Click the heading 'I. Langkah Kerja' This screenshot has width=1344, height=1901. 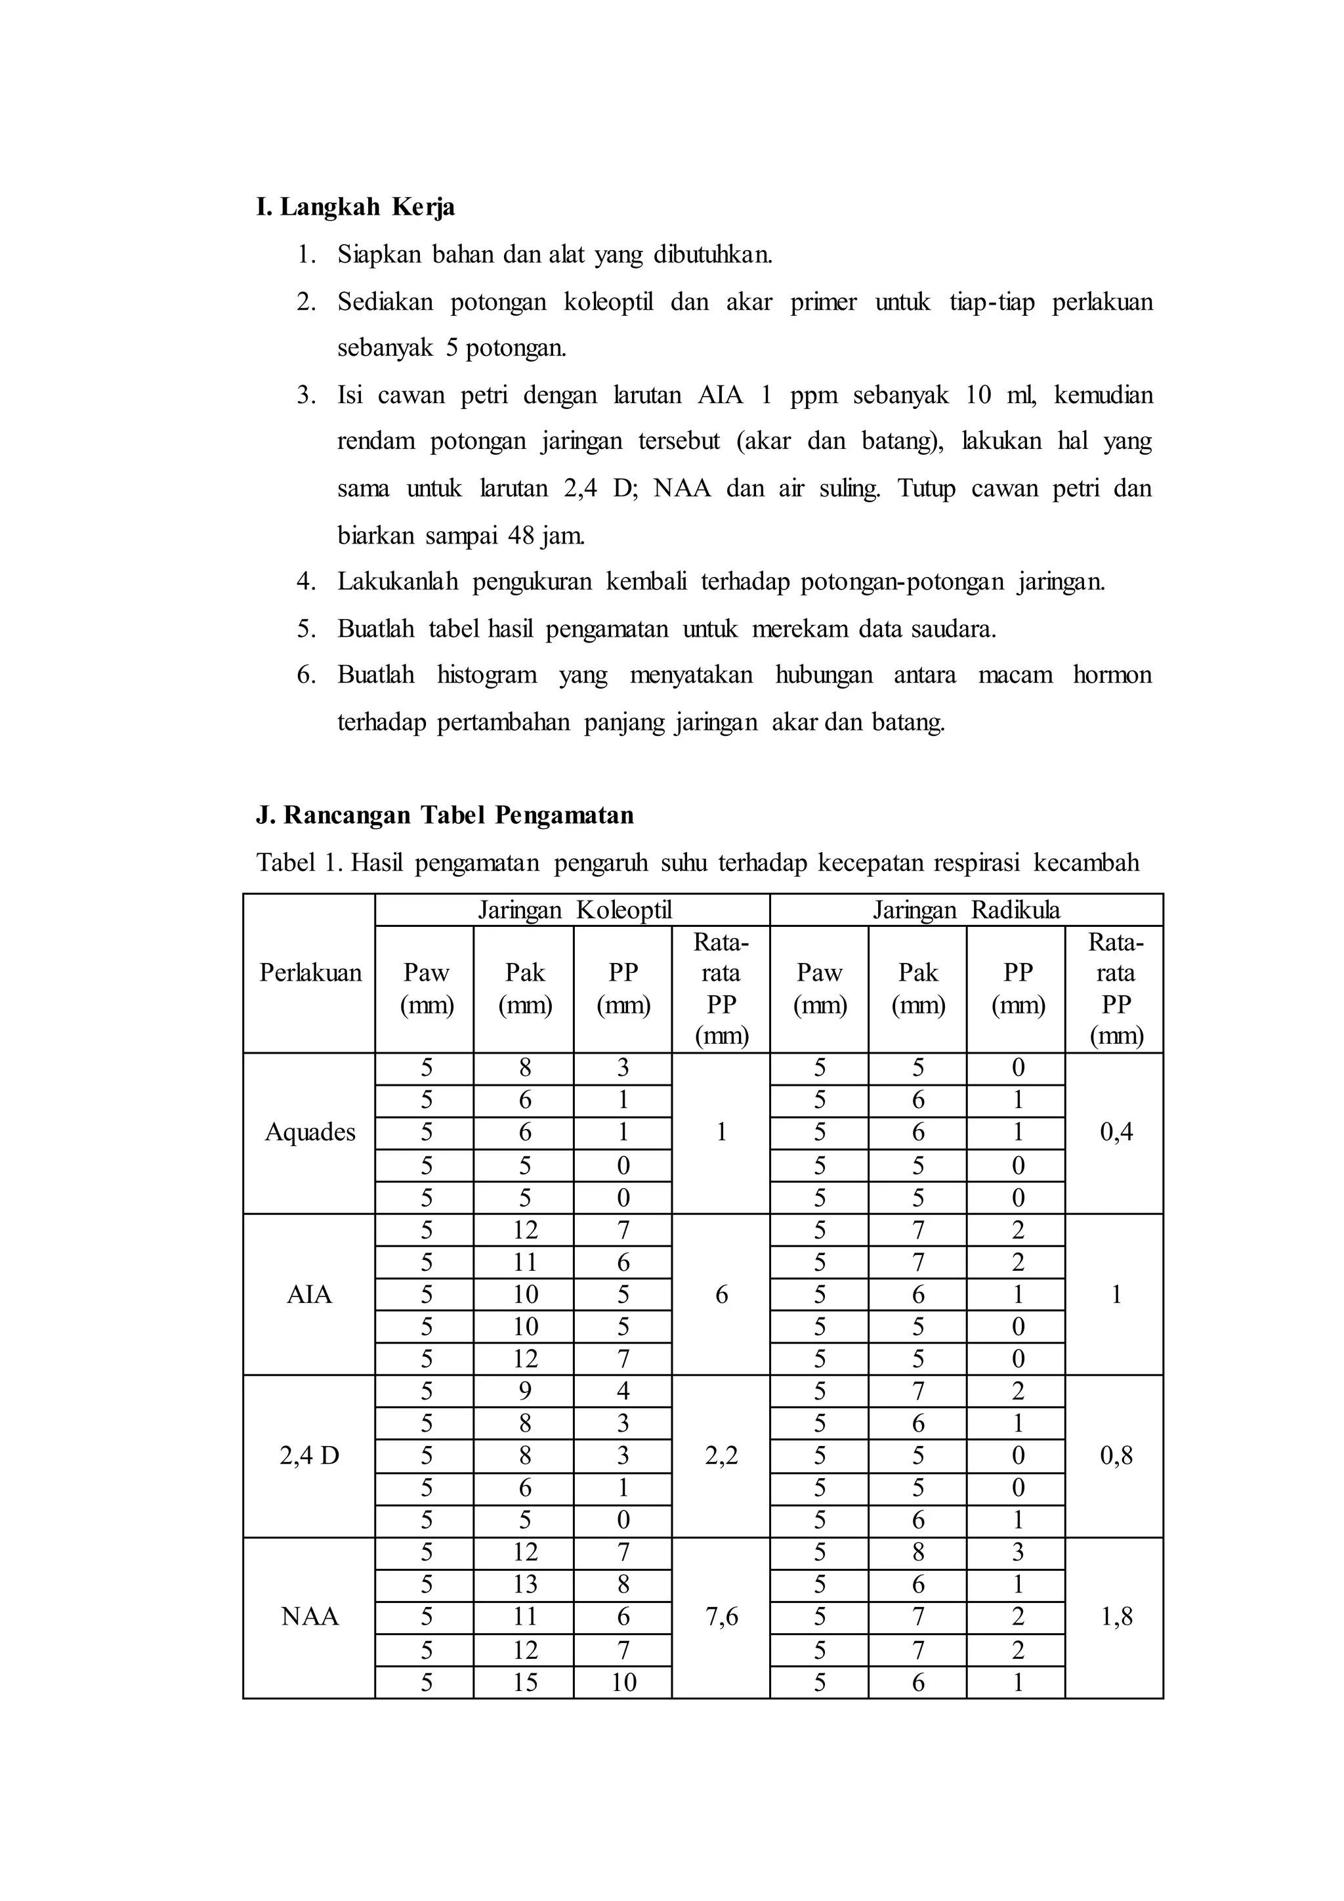355,206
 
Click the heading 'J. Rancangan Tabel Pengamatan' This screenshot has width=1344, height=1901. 444,815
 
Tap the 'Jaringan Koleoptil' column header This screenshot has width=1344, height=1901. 574,910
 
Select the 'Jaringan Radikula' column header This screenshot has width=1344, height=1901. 966,910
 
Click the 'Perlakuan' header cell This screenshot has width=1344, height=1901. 310,972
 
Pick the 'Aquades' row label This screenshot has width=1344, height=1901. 310,1132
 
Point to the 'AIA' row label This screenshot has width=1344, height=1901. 310,1294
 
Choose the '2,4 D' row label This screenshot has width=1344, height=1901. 310,1455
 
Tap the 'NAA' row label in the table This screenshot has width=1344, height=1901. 310,1616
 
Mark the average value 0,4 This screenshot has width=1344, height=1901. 1115,1132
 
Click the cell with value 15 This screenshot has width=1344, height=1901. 525,1682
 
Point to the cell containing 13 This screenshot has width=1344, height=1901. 525,1584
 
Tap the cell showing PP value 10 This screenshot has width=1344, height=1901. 623,1682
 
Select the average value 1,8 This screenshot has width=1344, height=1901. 1115,1616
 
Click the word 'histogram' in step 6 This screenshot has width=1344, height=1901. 487,675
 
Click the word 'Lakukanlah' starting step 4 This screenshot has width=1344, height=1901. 397,582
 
